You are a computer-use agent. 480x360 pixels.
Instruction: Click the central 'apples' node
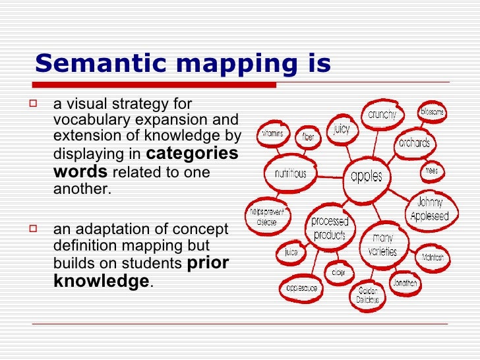click(367, 176)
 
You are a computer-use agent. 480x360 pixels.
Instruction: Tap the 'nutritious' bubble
click(290, 173)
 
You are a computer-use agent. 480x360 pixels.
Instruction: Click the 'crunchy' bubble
click(382, 115)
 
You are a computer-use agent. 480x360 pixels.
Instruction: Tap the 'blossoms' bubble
click(432, 112)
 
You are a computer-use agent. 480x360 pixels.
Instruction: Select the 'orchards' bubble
click(413, 142)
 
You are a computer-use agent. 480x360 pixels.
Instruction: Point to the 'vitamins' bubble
click(272, 133)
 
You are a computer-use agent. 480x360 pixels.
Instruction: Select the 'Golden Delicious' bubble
click(369, 295)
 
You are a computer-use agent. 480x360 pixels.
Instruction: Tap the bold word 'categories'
click(191, 154)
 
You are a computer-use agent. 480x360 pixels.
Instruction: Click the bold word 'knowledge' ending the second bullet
click(101, 282)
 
